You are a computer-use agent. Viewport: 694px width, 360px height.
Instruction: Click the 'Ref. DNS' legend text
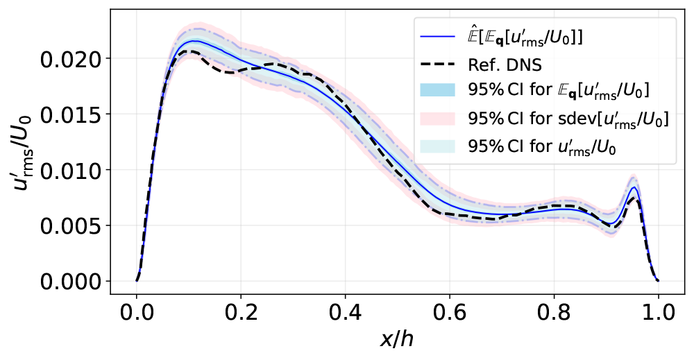(503, 65)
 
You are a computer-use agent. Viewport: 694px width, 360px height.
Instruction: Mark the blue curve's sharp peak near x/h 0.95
(634, 187)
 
